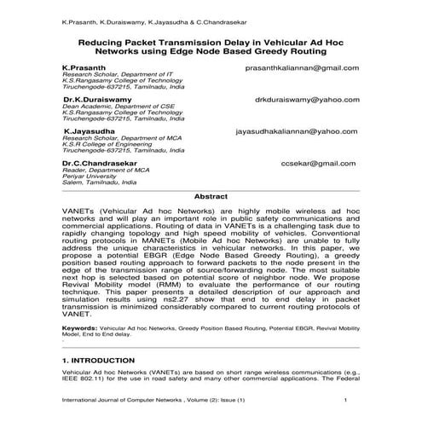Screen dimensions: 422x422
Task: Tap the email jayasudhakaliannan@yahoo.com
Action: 297,132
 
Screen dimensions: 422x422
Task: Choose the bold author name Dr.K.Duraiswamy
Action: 95,100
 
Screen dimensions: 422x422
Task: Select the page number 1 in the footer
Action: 344,401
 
